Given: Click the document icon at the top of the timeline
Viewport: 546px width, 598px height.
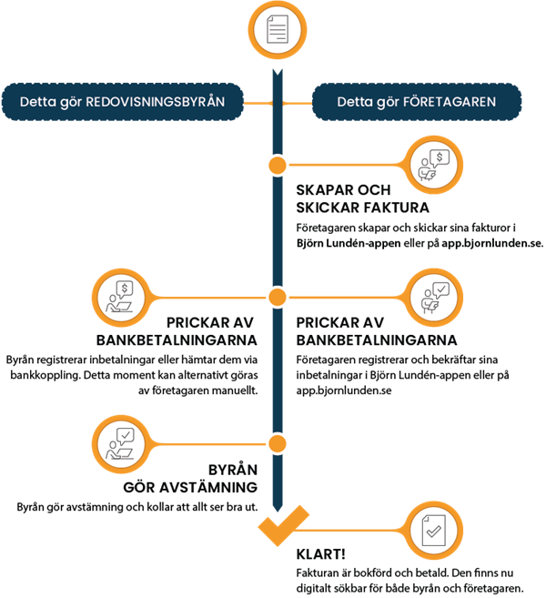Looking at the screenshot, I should (278, 30).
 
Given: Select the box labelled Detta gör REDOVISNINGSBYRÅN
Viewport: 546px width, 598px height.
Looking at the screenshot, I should (122, 102).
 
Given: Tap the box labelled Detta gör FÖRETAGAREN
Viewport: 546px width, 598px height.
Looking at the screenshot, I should (417, 102).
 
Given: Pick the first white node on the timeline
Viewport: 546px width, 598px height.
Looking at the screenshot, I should (278, 165).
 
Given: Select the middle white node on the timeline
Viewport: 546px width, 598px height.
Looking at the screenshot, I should (278, 297).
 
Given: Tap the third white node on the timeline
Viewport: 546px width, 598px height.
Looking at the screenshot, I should (278, 443).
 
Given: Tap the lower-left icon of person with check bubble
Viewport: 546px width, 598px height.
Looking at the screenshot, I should (123, 443).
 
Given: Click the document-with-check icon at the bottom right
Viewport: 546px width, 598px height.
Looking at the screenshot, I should (430, 529).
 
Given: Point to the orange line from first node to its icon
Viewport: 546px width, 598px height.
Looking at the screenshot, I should (346, 165).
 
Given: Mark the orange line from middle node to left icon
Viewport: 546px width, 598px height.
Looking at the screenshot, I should (209, 297).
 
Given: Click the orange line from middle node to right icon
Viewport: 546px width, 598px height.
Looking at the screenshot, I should (346, 297).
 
